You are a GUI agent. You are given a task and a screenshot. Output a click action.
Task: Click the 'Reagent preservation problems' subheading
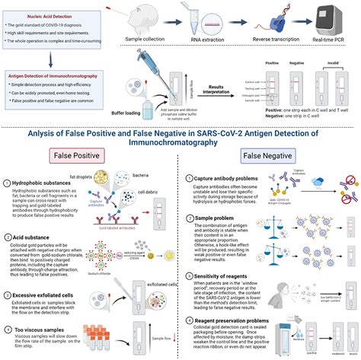coord(237,319)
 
